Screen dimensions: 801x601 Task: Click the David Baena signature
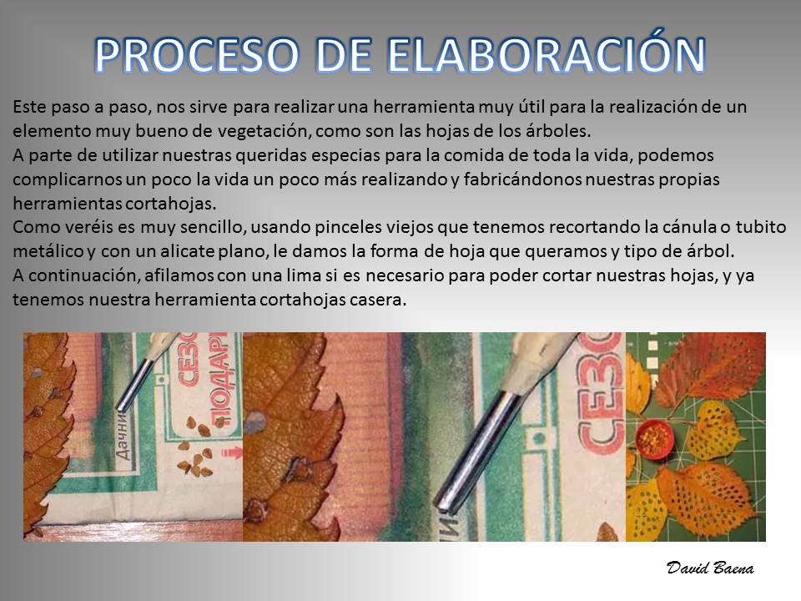coord(710,568)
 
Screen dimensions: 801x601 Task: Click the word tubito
coord(761,226)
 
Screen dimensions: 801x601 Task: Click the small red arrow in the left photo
coord(231,452)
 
